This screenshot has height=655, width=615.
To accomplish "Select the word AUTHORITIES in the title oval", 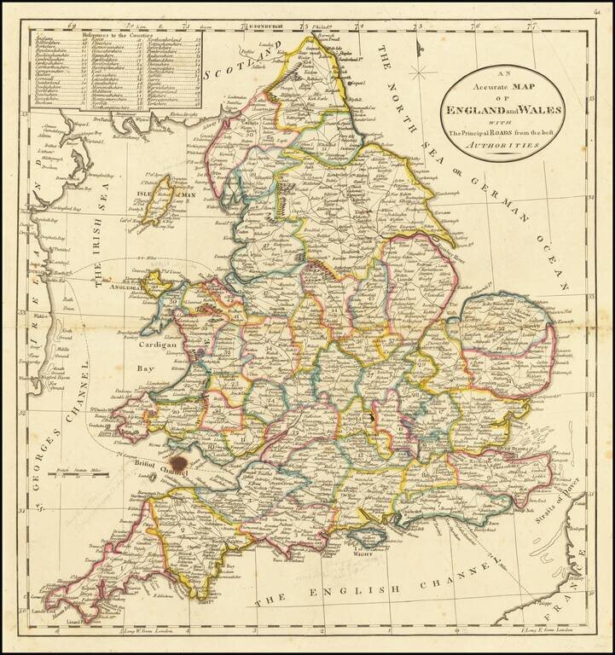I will pyautogui.click(x=508, y=146).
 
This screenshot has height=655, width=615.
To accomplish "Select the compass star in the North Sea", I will pyautogui.click(x=419, y=71).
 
